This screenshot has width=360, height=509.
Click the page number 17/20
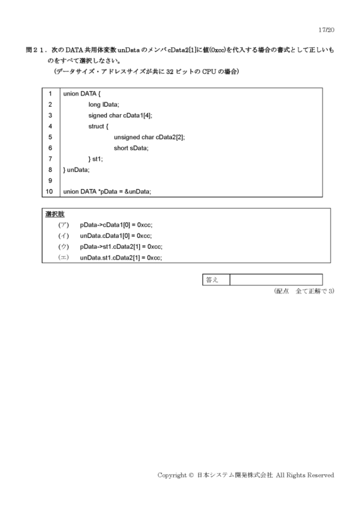[326, 30]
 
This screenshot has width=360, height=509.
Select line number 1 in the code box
[50, 94]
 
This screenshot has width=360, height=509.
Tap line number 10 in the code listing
[49, 191]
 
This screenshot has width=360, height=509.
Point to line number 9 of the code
[50, 180]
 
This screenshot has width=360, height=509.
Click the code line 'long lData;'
[104, 104]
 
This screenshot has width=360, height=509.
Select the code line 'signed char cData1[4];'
[120, 115]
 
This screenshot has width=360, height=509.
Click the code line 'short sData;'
[131, 148]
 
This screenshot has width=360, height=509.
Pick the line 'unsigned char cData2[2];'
[149, 137]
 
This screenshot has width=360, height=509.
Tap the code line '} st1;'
[95, 159]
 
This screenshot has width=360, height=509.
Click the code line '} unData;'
[76, 170]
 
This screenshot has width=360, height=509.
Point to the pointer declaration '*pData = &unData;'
[124, 191]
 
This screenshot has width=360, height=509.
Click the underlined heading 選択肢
[55, 214]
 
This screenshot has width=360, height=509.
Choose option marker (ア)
[64, 225]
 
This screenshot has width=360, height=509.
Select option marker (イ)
[64, 236]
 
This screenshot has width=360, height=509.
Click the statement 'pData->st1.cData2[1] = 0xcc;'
[121, 247]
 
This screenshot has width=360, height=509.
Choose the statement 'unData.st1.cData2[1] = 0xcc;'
[121, 258]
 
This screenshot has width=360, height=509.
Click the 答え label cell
[216, 280]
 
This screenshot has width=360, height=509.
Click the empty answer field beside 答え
[276, 280]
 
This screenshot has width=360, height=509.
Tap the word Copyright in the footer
[173, 475]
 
